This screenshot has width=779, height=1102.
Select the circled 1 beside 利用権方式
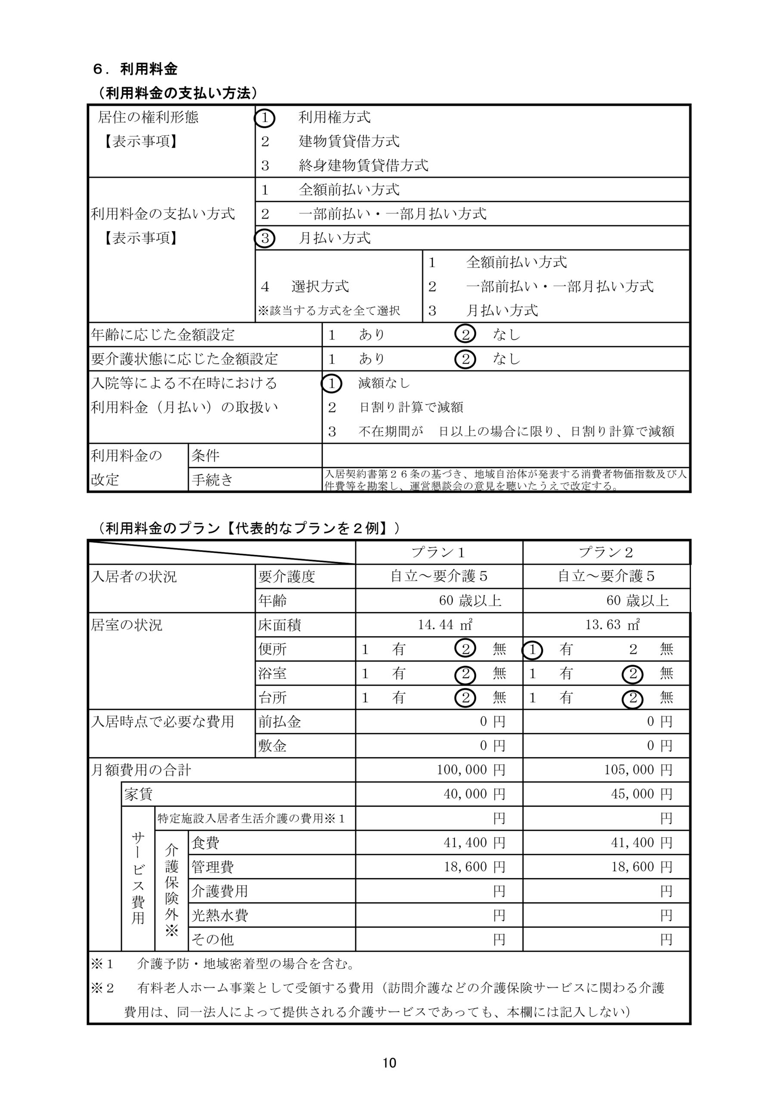[x=265, y=118]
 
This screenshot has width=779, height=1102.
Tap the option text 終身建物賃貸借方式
[x=363, y=166]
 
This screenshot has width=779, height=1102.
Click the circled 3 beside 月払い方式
[x=265, y=238]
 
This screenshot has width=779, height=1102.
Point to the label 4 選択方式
[x=304, y=287]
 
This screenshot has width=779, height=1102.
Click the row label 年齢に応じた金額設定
[x=163, y=334]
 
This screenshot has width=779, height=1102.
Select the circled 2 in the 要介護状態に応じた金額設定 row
[x=465, y=359]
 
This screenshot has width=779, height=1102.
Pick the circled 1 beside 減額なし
[x=332, y=384]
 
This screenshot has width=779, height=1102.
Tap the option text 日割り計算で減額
[x=411, y=408]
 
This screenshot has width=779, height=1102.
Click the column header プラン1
[x=438, y=552]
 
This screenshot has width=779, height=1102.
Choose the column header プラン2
[x=606, y=552]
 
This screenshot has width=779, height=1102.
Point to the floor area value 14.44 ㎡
[x=445, y=625]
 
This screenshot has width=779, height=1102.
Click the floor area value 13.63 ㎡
[x=612, y=625]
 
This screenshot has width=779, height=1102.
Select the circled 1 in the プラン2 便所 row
[x=532, y=650]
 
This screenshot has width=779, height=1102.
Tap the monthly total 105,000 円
[x=638, y=770]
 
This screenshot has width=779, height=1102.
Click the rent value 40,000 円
[x=474, y=794]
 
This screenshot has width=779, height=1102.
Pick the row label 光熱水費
[x=220, y=915]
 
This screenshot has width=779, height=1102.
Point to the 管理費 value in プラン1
[x=474, y=867]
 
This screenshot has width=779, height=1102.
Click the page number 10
[x=389, y=1063]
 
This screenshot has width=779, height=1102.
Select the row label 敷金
[x=272, y=746]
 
